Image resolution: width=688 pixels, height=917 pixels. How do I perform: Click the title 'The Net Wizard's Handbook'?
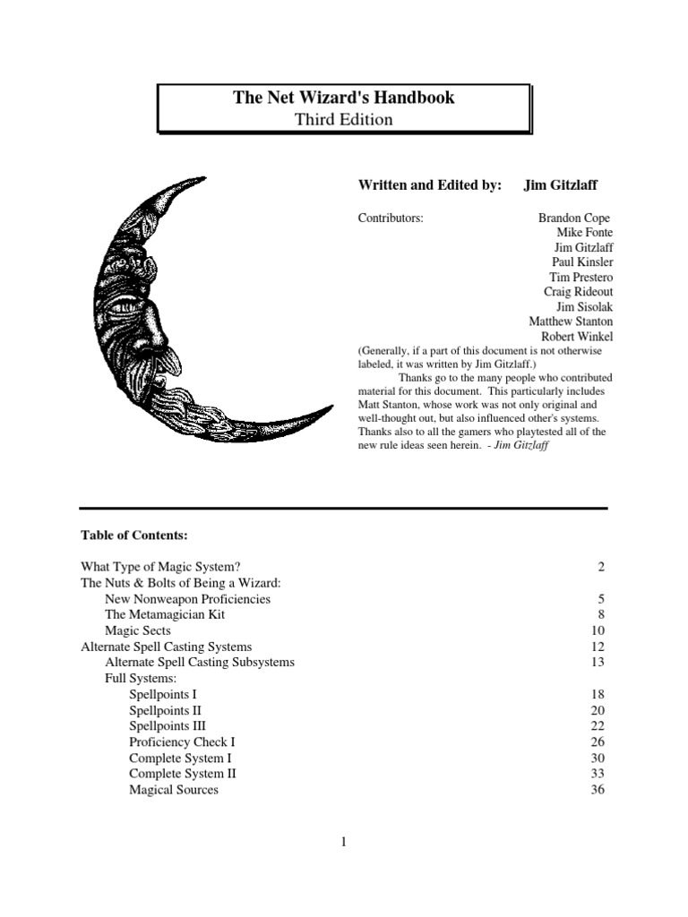click(x=344, y=98)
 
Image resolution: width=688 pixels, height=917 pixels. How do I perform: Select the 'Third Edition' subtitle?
click(x=344, y=119)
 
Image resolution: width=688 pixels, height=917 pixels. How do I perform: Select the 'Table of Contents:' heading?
click(x=135, y=535)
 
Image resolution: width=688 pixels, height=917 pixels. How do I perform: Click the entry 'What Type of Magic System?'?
click(x=159, y=566)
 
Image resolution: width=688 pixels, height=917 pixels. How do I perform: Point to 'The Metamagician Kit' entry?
click(x=165, y=614)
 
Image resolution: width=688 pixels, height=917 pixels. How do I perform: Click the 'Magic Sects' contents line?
click(x=139, y=630)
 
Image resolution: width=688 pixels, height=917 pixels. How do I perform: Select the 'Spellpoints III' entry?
click(x=168, y=725)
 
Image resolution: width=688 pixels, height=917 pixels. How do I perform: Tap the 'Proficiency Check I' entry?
click(x=182, y=741)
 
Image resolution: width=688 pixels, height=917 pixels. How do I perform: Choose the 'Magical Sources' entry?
click(x=174, y=790)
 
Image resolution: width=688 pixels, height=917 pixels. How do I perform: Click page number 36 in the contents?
click(x=598, y=790)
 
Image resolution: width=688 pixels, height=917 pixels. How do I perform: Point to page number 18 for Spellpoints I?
click(x=598, y=694)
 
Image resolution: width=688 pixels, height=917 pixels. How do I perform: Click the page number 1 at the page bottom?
click(x=344, y=841)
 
